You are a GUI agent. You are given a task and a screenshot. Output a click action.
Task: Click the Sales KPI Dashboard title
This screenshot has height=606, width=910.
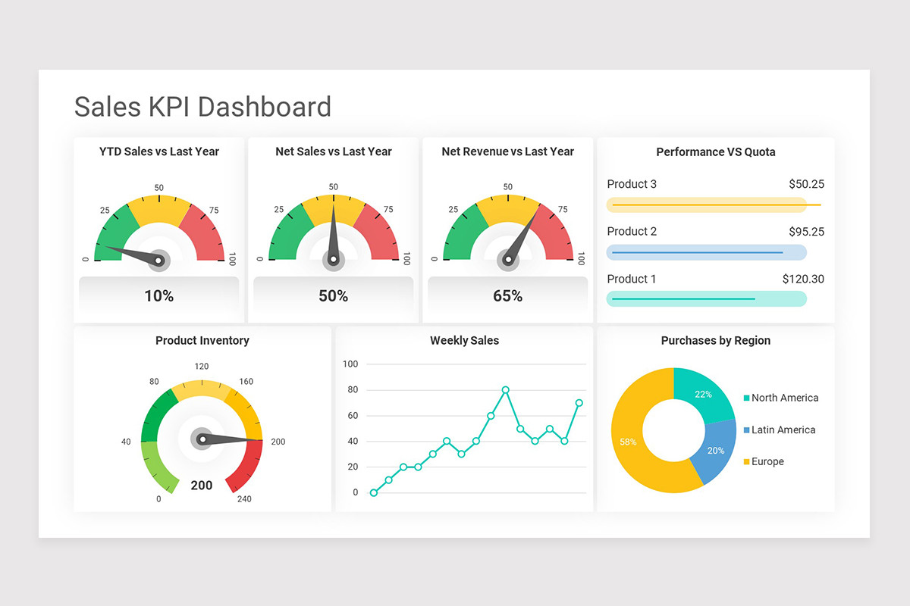click(202, 107)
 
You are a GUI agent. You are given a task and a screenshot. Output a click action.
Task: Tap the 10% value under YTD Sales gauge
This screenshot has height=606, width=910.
click(159, 296)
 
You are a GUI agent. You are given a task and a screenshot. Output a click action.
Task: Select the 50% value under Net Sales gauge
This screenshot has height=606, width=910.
click(333, 296)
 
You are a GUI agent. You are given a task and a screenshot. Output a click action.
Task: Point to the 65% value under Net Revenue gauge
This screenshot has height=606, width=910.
click(507, 296)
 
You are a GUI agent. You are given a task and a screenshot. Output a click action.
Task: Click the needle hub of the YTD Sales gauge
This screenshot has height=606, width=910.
click(158, 261)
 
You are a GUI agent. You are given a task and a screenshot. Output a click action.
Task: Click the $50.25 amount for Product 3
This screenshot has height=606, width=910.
click(806, 184)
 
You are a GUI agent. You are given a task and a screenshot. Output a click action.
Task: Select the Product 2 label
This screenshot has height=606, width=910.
click(632, 231)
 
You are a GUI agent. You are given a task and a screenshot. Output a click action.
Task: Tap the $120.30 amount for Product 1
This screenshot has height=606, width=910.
click(803, 279)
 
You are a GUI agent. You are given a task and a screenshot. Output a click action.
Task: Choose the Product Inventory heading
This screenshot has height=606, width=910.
click(202, 341)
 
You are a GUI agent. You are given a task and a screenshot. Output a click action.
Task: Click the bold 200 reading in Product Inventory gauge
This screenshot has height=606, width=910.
click(202, 486)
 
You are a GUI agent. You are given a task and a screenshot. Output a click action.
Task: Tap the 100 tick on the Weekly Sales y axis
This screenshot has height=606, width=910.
click(350, 364)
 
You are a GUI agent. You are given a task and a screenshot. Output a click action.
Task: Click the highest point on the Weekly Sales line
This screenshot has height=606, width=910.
click(506, 390)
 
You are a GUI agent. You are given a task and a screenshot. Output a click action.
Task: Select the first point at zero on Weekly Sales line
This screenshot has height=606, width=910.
click(374, 492)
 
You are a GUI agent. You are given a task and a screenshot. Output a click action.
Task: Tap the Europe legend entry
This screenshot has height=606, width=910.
click(767, 461)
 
